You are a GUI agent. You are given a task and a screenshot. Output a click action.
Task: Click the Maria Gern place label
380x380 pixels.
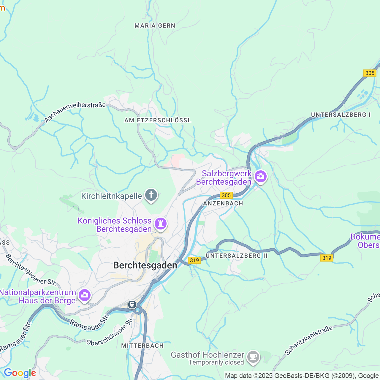(x=155, y=26)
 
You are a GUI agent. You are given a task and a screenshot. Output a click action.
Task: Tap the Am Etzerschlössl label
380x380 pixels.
(x=158, y=120)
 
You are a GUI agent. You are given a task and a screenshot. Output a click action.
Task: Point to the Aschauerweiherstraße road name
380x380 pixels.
(x=75, y=112)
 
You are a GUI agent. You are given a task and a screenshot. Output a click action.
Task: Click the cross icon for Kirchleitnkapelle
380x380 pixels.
(x=151, y=195)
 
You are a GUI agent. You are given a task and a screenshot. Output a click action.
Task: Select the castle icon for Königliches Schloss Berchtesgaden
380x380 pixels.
(x=161, y=224)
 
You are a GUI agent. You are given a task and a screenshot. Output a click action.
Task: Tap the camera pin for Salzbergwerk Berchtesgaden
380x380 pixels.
(x=261, y=176)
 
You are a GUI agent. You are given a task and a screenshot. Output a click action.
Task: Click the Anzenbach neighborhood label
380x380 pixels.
(x=223, y=203)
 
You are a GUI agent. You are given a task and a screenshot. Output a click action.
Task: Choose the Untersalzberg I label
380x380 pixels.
(x=341, y=115)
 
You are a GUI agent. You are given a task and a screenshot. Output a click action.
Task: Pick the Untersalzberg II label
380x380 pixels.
(x=237, y=256)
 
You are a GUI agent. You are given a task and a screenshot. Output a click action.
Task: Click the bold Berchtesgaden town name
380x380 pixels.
(x=145, y=265)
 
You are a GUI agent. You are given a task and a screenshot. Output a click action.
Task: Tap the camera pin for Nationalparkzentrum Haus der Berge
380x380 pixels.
(x=85, y=295)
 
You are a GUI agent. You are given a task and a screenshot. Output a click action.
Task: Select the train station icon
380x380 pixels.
(x=132, y=305)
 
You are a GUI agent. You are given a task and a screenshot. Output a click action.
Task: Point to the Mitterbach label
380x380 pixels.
(x=142, y=346)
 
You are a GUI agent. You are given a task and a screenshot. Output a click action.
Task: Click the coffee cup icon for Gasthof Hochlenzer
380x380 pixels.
(x=253, y=356)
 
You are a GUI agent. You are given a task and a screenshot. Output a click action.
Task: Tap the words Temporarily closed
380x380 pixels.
(x=216, y=362)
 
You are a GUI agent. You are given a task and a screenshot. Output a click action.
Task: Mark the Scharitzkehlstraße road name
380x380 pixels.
(x=309, y=340)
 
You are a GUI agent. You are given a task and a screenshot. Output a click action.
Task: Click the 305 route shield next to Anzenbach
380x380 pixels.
(x=226, y=195)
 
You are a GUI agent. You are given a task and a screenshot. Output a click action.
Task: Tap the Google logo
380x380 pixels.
(x=20, y=373)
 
